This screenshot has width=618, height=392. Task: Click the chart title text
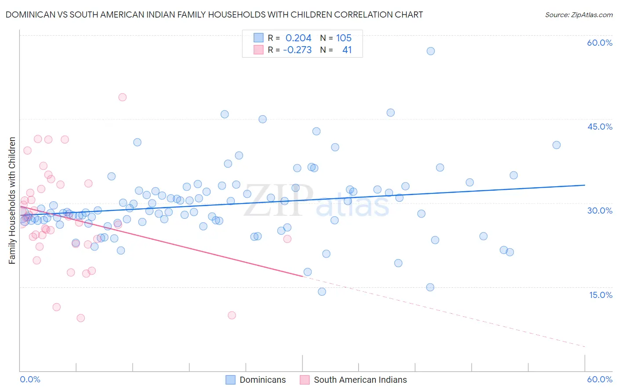tap(214, 15)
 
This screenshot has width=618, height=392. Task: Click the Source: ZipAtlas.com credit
tap(578, 15)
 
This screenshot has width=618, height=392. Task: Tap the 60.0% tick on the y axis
tap(600, 43)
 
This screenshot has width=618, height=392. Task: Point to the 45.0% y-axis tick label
tap(600, 127)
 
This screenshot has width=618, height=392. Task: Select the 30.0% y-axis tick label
tap(600, 211)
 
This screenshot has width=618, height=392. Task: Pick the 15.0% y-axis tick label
tap(600, 295)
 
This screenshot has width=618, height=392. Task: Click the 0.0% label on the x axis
tap(30, 379)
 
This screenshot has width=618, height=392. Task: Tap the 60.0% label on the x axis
tap(600, 379)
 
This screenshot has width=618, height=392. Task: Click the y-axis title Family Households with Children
tap(12, 200)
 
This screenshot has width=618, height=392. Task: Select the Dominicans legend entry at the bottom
tap(262, 380)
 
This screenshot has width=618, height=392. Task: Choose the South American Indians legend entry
tap(360, 380)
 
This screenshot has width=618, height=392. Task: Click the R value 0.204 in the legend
tap(298, 38)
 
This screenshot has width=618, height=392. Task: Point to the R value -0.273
tap(297, 50)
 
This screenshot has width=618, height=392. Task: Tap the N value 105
tap(344, 38)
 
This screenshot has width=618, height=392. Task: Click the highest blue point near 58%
tap(431, 51)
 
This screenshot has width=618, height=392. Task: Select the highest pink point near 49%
tap(123, 97)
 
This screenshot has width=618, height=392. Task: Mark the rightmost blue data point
tap(556, 145)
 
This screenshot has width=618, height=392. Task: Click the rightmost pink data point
tap(287, 239)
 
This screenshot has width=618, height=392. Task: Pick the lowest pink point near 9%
tap(81, 318)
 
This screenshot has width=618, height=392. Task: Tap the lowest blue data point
tap(322, 292)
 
